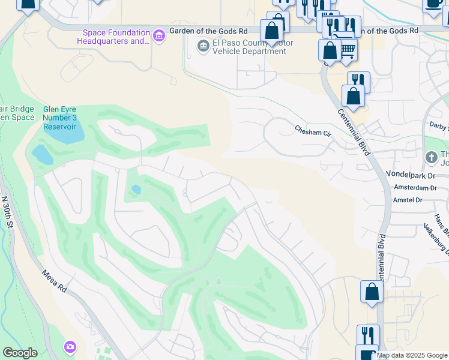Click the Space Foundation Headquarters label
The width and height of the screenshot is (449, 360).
click(x=114, y=36)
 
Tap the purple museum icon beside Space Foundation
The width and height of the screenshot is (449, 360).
click(x=159, y=37)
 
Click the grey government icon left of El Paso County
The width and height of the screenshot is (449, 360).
click(x=203, y=46)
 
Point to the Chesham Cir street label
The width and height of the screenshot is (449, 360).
click(x=313, y=129)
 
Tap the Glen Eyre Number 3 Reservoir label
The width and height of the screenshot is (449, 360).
click(x=59, y=118)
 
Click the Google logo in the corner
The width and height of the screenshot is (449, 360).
click(x=20, y=353)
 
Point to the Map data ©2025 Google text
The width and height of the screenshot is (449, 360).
click(x=412, y=355)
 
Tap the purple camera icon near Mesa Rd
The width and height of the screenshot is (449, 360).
click(x=70, y=347)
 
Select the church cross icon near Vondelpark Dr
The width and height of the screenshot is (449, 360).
click(x=431, y=157)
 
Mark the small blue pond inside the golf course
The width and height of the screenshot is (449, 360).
click(x=136, y=190)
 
